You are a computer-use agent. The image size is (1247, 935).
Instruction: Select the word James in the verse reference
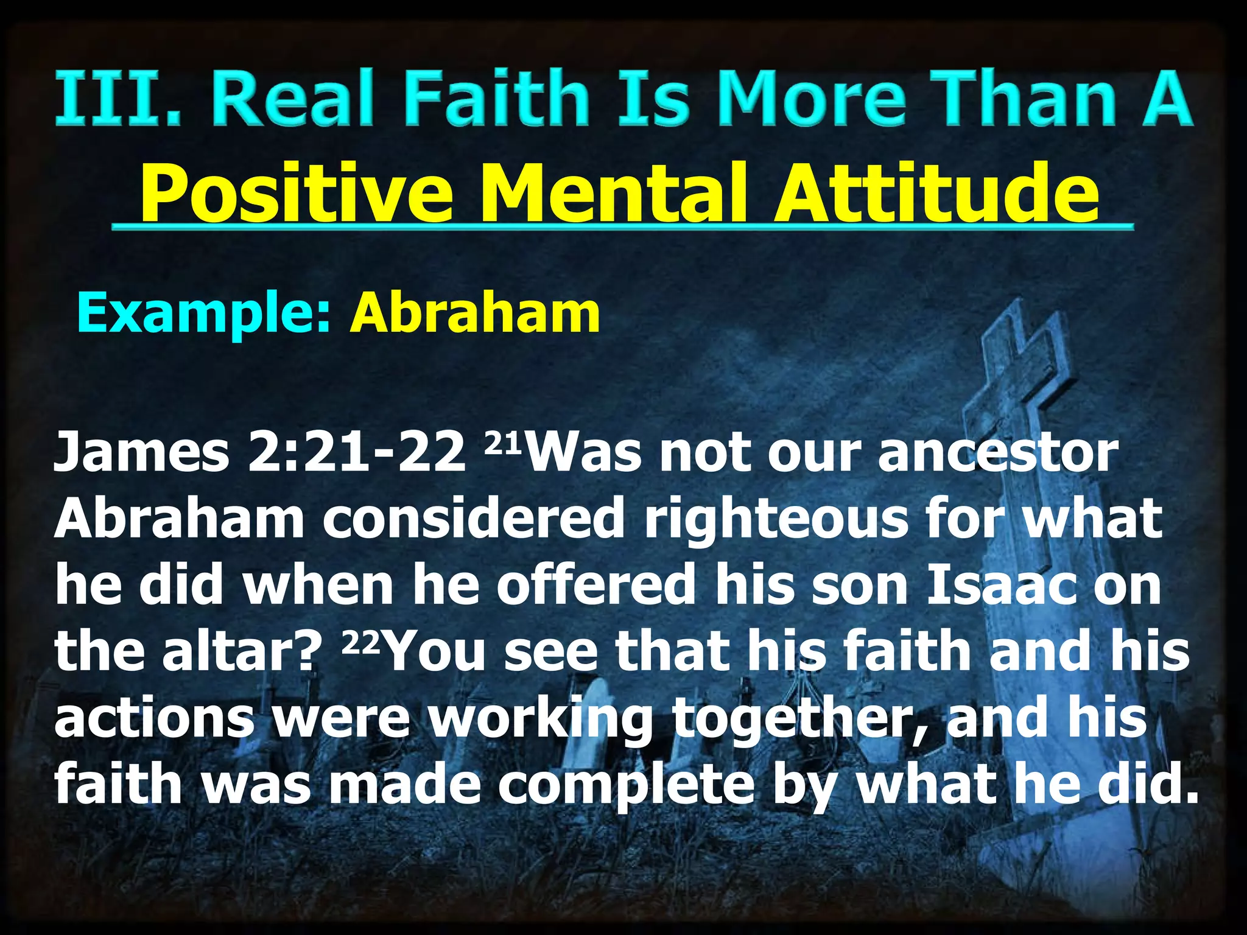[141, 453]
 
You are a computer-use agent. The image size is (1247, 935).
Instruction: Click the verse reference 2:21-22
[356, 453]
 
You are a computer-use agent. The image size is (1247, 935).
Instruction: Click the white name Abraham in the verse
[180, 520]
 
